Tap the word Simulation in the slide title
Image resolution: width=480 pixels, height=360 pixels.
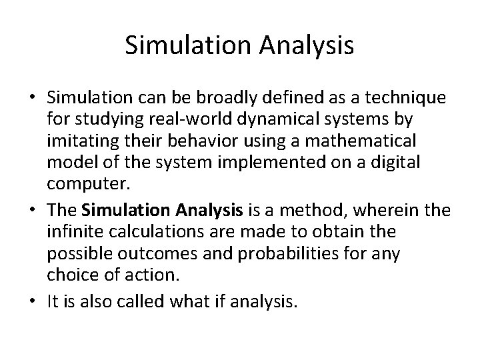click(185, 45)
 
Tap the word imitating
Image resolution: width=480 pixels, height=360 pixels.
click(77, 141)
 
